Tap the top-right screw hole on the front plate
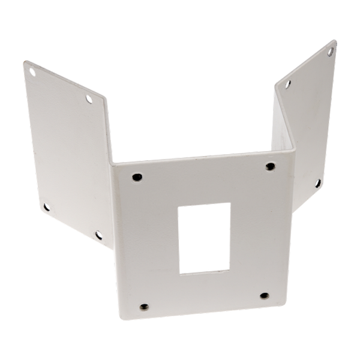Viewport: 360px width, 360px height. [269, 166]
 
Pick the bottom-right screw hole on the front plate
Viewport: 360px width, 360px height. [263, 295]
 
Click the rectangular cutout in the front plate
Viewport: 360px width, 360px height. [205, 238]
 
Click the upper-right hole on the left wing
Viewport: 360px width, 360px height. [90, 98]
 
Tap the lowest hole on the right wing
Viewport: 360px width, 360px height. [316, 181]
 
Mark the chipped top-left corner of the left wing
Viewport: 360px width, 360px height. [25, 61]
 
